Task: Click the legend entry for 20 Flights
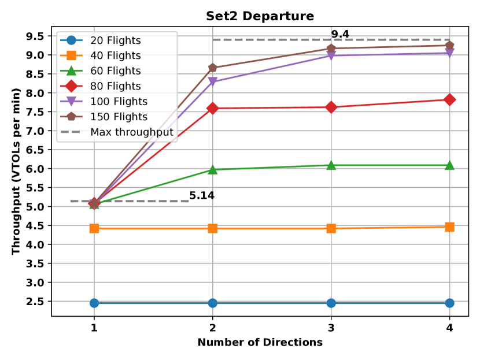click(115, 40)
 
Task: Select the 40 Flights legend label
click(115, 55)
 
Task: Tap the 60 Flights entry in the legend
click(115, 71)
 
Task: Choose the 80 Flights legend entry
click(115, 86)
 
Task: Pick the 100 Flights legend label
click(119, 102)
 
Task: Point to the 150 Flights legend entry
click(119, 117)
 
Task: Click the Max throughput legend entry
click(131, 132)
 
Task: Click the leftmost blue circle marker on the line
click(94, 303)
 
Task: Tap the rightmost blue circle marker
click(449, 303)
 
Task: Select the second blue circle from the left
click(213, 303)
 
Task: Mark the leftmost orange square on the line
click(94, 228)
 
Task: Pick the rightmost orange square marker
click(449, 227)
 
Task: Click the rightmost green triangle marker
click(449, 165)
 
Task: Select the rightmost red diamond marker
click(449, 100)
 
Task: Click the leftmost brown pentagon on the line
click(94, 203)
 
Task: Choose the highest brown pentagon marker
click(449, 45)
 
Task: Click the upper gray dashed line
click(272, 39)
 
